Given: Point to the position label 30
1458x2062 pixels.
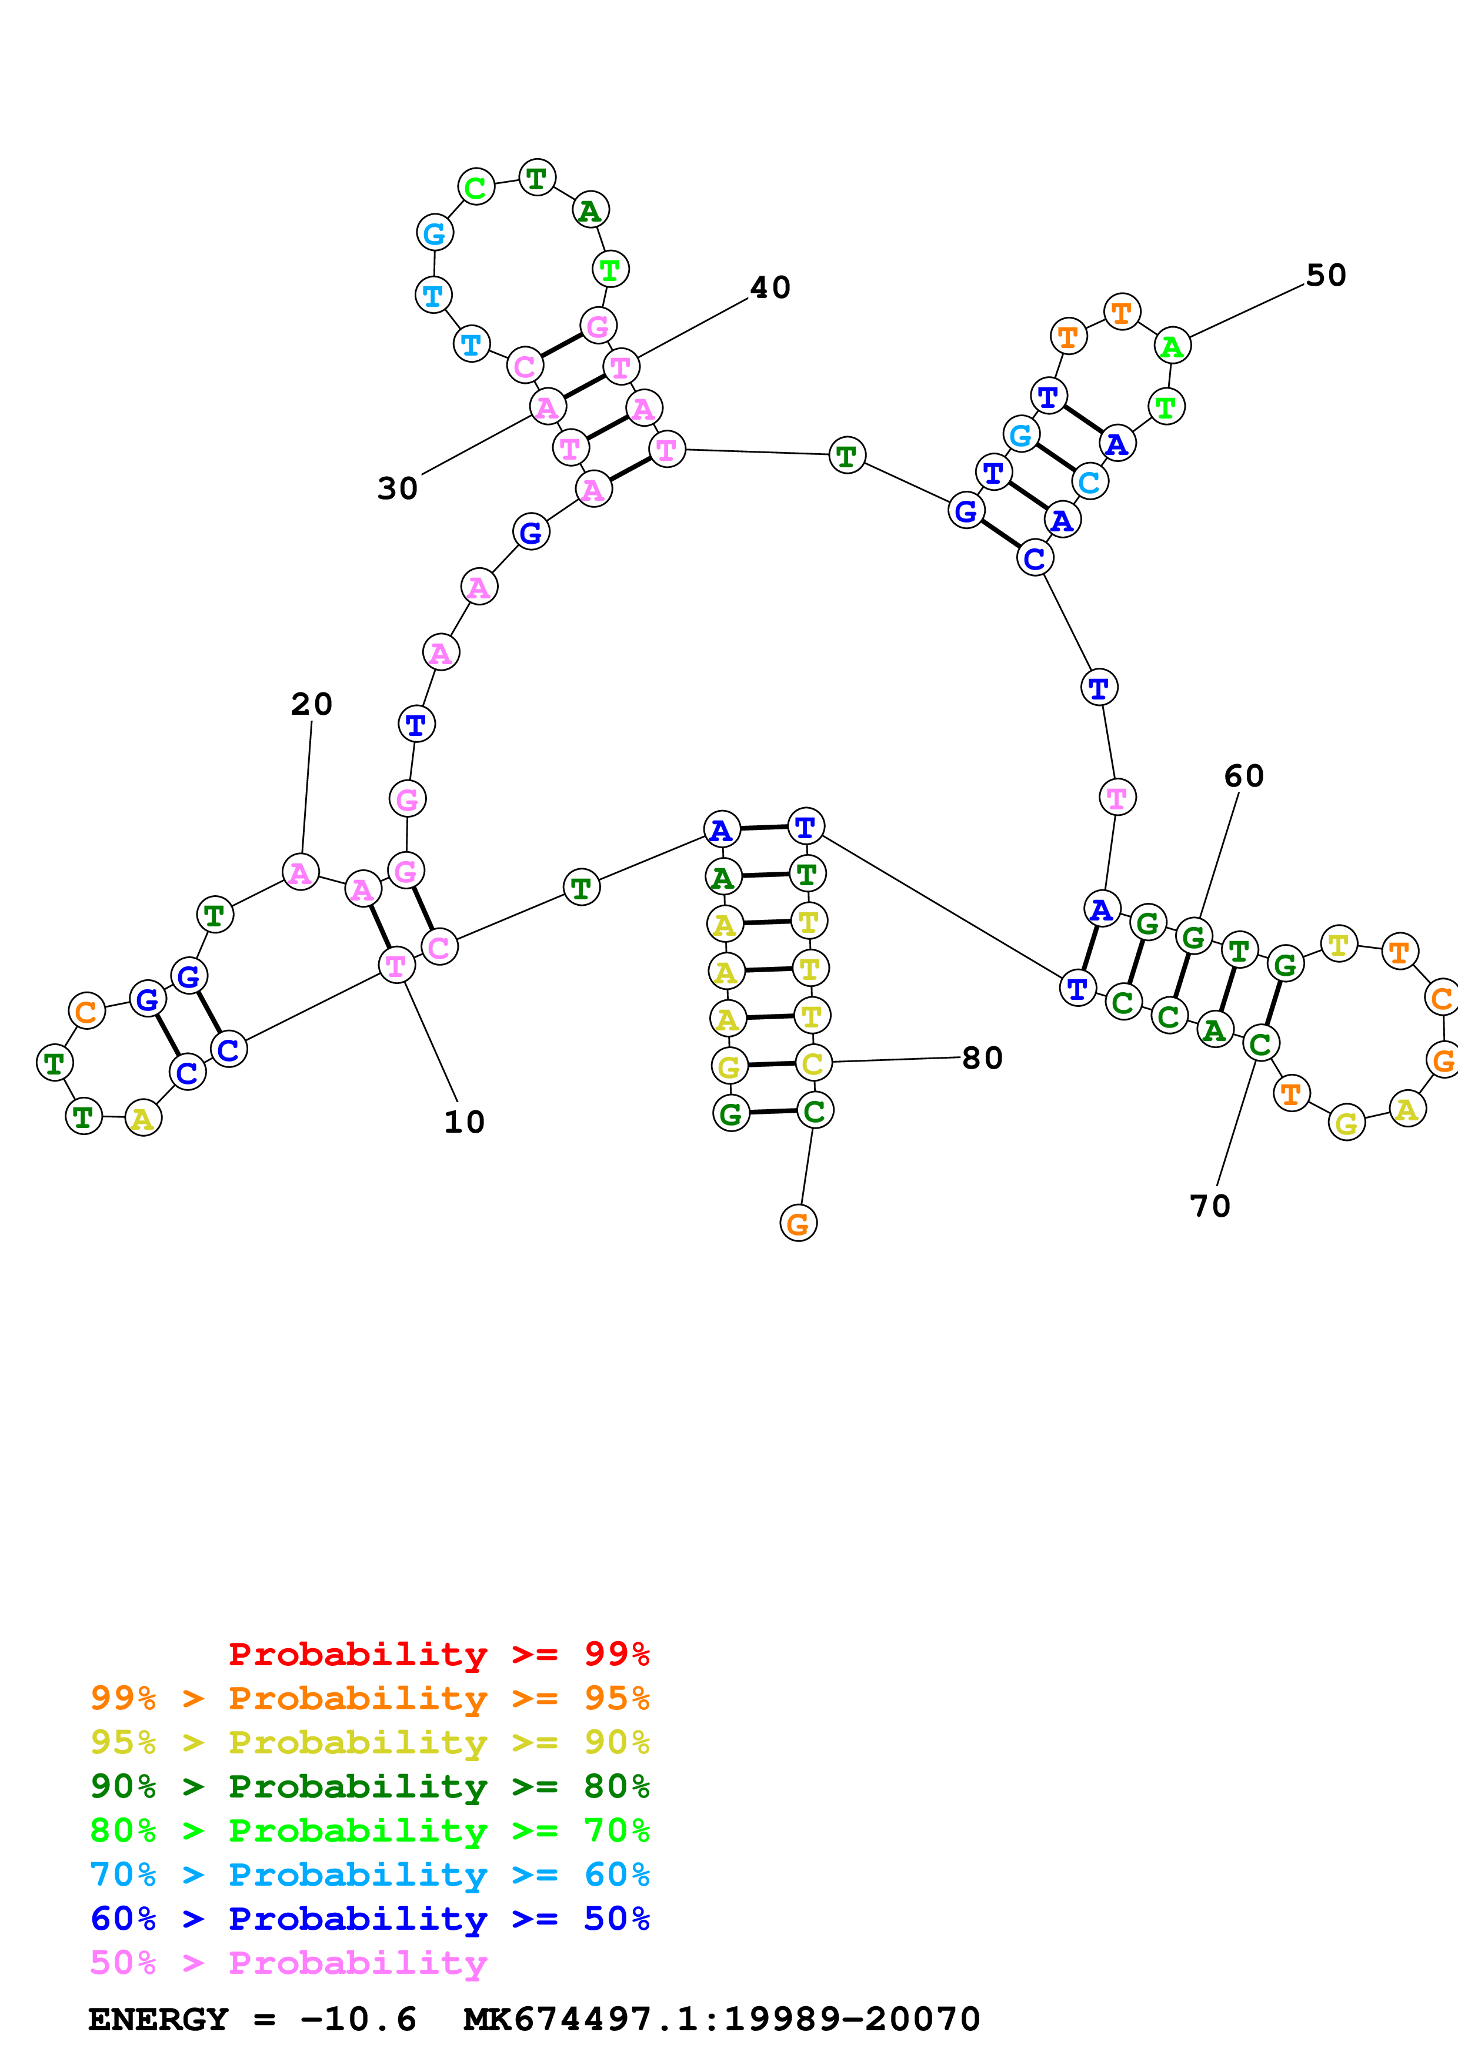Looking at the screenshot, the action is pyautogui.click(x=397, y=488).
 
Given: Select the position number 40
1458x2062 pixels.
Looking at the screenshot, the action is pyautogui.click(x=770, y=287).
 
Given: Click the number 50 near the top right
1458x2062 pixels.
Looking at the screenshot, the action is pyautogui.click(x=1326, y=276).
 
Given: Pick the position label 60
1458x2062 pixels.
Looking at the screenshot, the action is pyautogui.click(x=1243, y=776).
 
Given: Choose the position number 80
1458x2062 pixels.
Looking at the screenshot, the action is pyautogui.click(x=982, y=1058).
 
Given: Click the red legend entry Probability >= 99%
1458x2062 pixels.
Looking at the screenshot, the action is pyautogui.click(x=438, y=1654).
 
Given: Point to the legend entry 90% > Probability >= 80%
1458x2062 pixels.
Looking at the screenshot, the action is pyautogui.click(x=370, y=1786).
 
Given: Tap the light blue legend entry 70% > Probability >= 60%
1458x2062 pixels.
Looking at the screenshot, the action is pyautogui.click(x=370, y=1874).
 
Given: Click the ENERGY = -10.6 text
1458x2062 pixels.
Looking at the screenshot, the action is pyautogui.click(x=252, y=2019).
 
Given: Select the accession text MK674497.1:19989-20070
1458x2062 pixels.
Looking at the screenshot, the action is pyautogui.click(x=722, y=2019).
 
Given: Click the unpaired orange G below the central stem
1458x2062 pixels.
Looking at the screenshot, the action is pyautogui.click(x=798, y=1223).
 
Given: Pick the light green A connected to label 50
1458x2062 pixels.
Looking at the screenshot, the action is pyautogui.click(x=1172, y=346).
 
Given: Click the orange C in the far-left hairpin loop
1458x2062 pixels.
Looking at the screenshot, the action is pyautogui.click(x=86, y=1011).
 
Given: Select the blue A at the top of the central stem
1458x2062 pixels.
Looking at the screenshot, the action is pyautogui.click(x=722, y=830).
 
